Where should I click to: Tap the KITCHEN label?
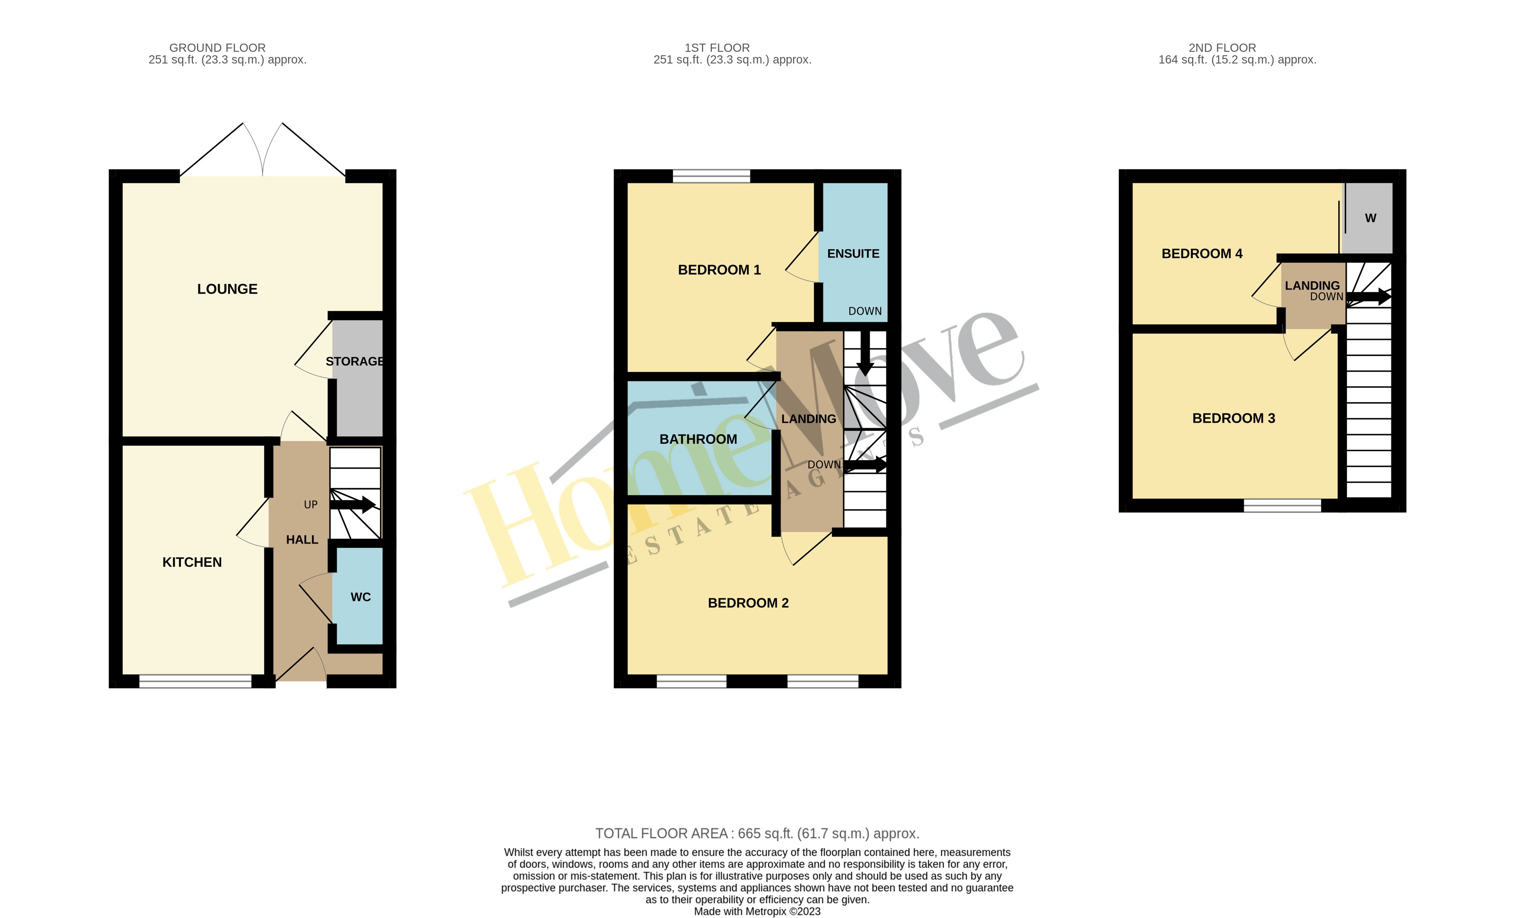click(x=192, y=562)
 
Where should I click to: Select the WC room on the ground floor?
click(x=360, y=597)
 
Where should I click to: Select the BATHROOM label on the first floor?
click(x=698, y=439)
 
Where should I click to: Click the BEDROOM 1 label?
click(x=719, y=270)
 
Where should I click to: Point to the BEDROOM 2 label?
click(x=748, y=603)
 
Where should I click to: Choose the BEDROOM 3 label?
click(x=1233, y=418)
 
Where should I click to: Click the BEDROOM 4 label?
click(x=1201, y=253)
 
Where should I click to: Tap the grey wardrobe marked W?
click(x=1370, y=218)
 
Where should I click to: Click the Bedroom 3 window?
click(x=1282, y=505)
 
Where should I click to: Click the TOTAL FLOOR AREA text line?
click(x=757, y=834)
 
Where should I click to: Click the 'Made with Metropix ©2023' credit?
click(x=757, y=911)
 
